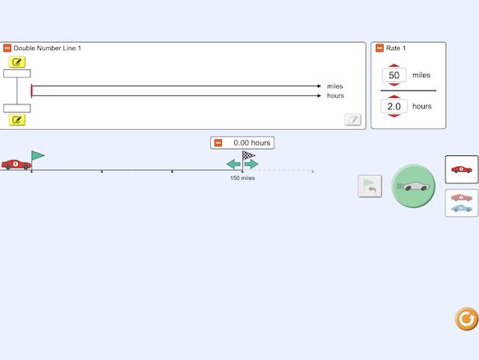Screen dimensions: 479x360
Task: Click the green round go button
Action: pyautogui.click(x=413, y=186)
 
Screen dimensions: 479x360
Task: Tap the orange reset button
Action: pyautogui.click(x=466, y=319)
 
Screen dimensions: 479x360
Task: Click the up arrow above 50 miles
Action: pyautogui.click(x=394, y=66)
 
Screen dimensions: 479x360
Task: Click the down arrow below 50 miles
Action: pyautogui.click(x=394, y=85)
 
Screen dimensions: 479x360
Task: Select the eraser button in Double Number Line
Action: pyautogui.click(x=352, y=119)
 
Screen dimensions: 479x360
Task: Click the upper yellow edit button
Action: pyautogui.click(x=16, y=62)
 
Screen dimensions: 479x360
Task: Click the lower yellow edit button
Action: pyautogui.click(x=16, y=120)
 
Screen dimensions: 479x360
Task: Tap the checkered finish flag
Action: pyautogui.click(x=248, y=155)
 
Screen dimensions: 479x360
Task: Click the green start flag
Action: pyautogui.click(x=38, y=155)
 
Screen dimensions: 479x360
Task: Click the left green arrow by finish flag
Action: pyautogui.click(x=233, y=164)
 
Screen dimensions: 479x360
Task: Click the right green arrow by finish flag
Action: pyautogui.click(x=251, y=164)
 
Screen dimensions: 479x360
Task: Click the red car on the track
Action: pyautogui.click(x=16, y=164)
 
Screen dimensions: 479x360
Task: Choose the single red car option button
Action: pyautogui.click(x=462, y=169)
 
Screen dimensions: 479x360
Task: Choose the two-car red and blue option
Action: pyautogui.click(x=462, y=203)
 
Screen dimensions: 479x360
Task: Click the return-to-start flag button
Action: pyautogui.click(x=370, y=186)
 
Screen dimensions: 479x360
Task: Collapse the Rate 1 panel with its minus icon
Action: pyautogui.click(x=380, y=48)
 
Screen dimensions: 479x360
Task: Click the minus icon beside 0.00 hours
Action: pyautogui.click(x=218, y=143)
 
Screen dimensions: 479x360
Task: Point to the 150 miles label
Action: pyautogui.click(x=242, y=178)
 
